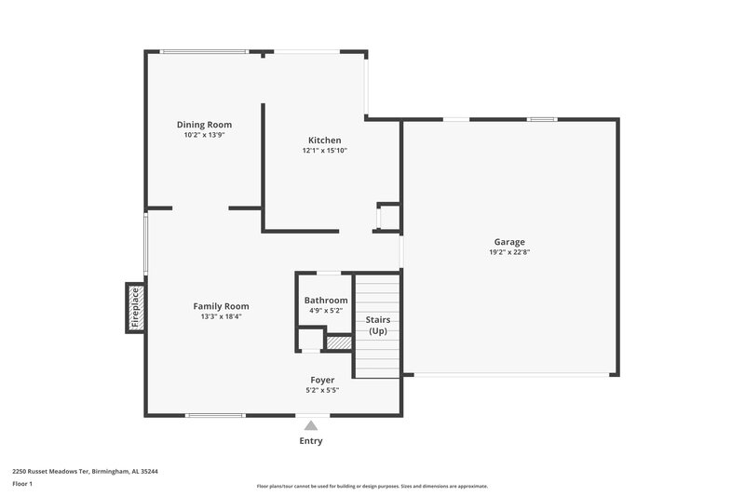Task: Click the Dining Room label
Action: (x=204, y=125)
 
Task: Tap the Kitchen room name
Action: (x=324, y=141)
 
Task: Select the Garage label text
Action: (x=509, y=242)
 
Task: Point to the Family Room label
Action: (x=221, y=306)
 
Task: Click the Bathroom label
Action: (x=326, y=301)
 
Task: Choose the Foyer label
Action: (x=322, y=380)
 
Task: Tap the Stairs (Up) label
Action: (x=377, y=325)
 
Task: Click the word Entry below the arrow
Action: (x=311, y=441)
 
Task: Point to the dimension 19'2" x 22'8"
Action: (x=509, y=252)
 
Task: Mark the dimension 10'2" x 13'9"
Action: (x=204, y=135)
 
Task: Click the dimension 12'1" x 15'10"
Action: (x=324, y=151)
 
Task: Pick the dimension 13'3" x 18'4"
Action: (x=221, y=316)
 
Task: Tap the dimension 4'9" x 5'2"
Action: (x=326, y=311)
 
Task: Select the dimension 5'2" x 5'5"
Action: (x=322, y=390)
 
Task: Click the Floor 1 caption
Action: (x=22, y=484)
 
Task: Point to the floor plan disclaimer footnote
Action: (x=372, y=486)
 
